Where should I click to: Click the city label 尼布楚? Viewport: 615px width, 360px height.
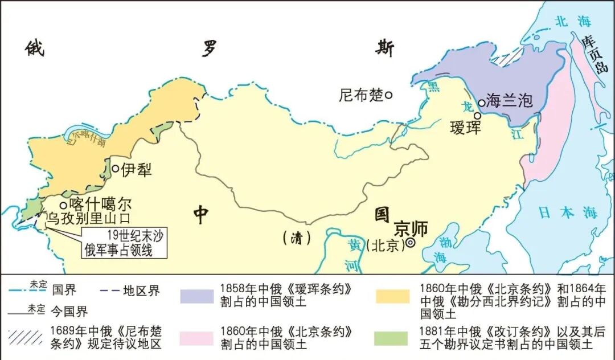tap(361, 95)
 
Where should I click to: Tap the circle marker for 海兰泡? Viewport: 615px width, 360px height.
tap(481, 103)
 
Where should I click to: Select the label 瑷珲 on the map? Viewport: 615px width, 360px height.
tap(465, 127)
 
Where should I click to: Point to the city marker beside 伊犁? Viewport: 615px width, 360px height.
tap(115, 169)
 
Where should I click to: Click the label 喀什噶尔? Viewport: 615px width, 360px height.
tap(100, 203)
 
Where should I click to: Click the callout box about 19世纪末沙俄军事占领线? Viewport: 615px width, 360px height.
tap(125, 242)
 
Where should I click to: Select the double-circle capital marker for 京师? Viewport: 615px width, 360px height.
tap(410, 243)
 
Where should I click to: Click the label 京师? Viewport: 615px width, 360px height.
tap(411, 227)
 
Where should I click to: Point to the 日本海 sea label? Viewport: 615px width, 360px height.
tap(568, 214)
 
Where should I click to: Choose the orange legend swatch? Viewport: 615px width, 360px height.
tap(392, 296)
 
